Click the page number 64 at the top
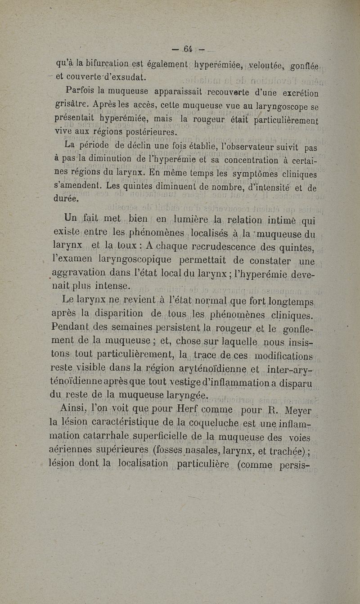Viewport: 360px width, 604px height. (188, 49)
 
